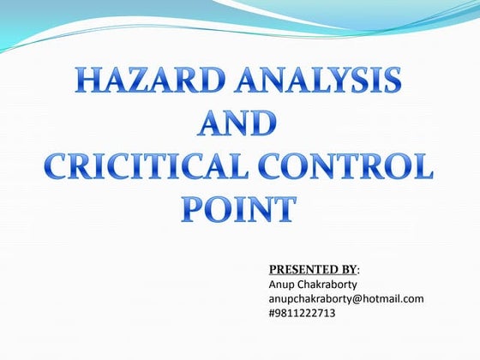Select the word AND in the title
click(238, 126)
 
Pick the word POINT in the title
click(239, 209)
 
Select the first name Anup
click(284, 284)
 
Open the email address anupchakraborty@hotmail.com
click(346, 298)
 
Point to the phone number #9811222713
click(303, 313)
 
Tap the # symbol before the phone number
click(273, 313)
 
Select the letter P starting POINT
click(195, 209)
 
